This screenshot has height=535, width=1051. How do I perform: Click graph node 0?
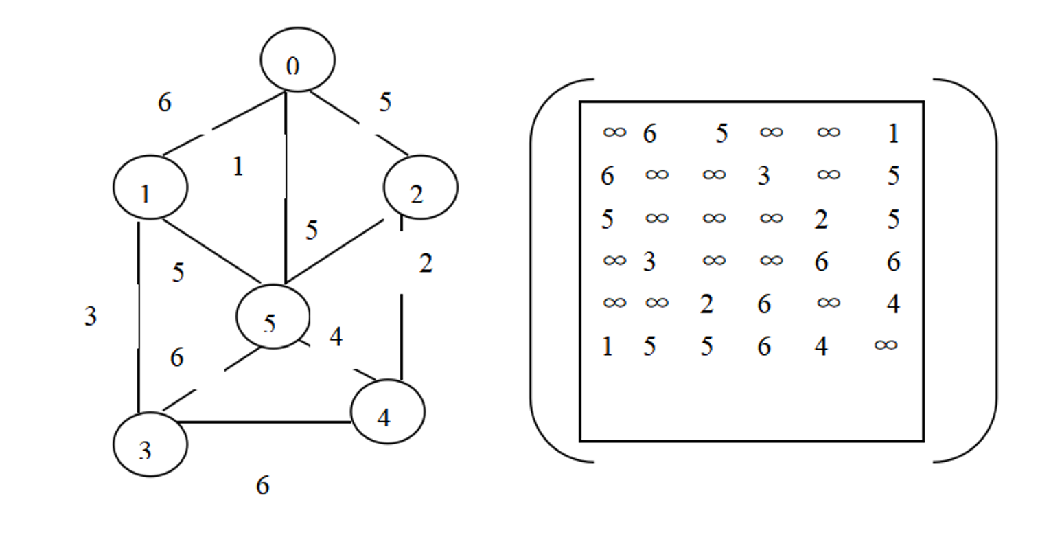pyautogui.click(x=297, y=60)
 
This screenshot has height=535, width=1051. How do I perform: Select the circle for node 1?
pyautogui.click(x=150, y=187)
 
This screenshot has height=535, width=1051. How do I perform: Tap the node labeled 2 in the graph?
pyautogui.click(x=420, y=187)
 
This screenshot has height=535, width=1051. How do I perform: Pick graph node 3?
pyautogui.click(x=150, y=444)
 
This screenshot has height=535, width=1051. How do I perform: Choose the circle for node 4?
pyautogui.click(x=387, y=411)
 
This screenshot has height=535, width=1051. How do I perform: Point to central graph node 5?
pyautogui.click(x=273, y=316)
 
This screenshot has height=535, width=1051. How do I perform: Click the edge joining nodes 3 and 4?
pyautogui.click(x=268, y=422)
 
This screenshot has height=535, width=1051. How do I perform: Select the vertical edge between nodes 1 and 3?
pyautogui.click(x=139, y=316)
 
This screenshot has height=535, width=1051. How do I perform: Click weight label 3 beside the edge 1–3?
pyautogui.click(x=91, y=317)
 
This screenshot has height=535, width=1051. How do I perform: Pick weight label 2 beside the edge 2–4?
pyautogui.click(x=426, y=264)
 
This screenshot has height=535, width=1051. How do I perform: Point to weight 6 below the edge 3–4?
pyautogui.click(x=263, y=486)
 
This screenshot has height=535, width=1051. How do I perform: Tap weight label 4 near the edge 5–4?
pyautogui.click(x=336, y=337)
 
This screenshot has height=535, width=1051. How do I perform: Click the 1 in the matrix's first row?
pyautogui.click(x=893, y=133)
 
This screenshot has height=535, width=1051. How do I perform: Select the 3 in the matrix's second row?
pyautogui.click(x=764, y=177)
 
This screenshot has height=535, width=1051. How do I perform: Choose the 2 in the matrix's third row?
pyautogui.click(x=821, y=220)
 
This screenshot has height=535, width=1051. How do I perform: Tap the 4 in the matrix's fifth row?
pyautogui.click(x=893, y=304)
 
